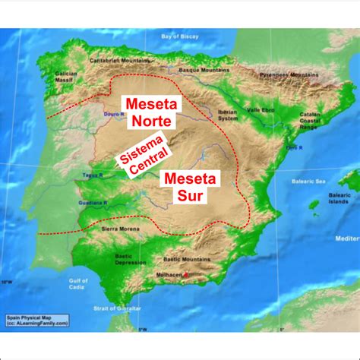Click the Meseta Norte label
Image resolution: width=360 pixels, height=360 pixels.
[147, 111]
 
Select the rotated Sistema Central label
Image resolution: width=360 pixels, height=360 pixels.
[139, 151]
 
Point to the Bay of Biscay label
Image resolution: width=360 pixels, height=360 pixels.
[176, 36]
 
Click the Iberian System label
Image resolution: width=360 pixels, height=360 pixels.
[227, 116]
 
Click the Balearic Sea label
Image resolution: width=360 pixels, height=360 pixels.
[309, 181]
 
